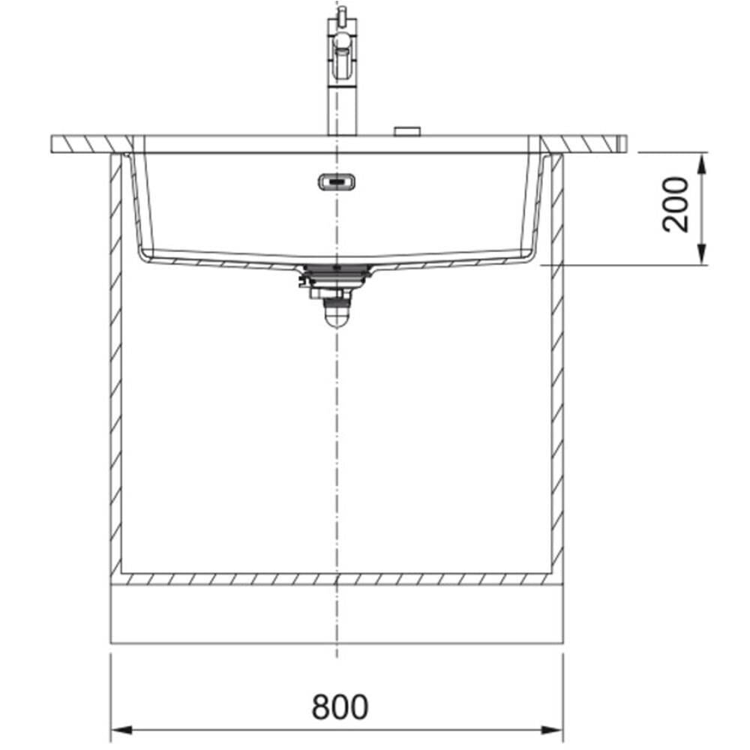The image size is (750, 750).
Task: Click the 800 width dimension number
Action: [340, 706]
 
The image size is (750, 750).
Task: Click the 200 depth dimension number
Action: [676, 205]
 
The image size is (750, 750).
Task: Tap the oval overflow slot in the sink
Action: [337, 182]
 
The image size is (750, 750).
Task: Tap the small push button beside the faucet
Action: [407, 131]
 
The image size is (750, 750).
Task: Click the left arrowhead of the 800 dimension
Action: [121, 730]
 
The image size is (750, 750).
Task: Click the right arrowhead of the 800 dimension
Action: [553, 730]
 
